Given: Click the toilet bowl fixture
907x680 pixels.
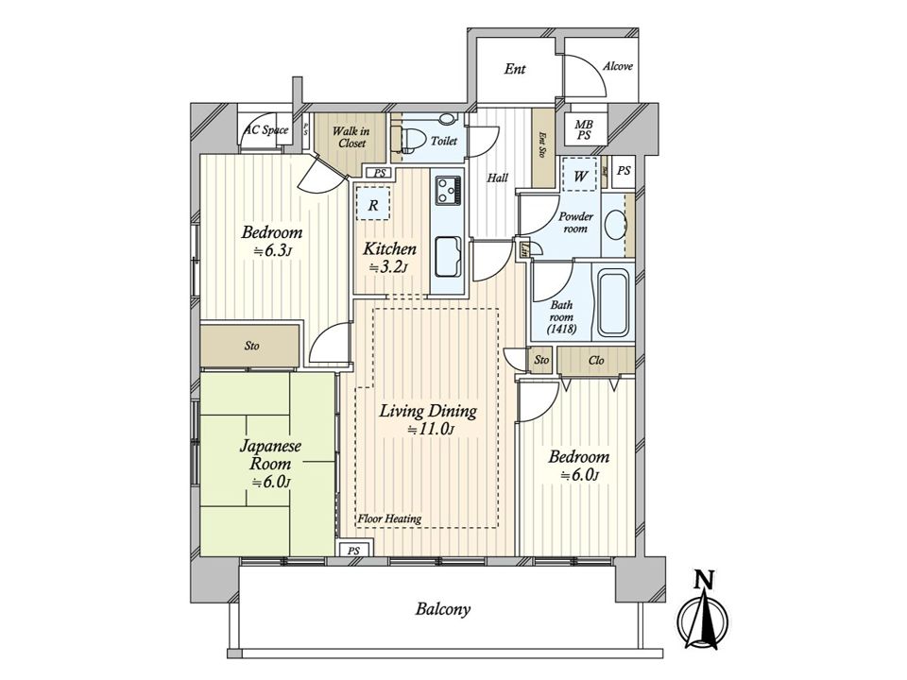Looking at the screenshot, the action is point(402,139).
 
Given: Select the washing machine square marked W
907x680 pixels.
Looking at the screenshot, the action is point(579,174).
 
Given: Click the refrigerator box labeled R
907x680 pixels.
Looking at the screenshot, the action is point(373,204).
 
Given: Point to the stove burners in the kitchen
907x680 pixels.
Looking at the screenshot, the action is point(448,190).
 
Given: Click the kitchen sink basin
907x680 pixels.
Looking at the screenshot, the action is point(448,257).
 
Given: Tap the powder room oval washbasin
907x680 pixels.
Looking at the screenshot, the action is point(615,225).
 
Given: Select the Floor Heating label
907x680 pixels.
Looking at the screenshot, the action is point(389,518).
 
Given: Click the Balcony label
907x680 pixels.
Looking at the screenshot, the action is point(442,609).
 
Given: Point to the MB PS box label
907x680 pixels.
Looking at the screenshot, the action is point(583,130).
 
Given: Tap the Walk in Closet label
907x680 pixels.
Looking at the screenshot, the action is point(351,137).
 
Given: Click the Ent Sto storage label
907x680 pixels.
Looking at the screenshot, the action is point(542,144).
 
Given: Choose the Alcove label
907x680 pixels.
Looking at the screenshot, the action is point(618,66).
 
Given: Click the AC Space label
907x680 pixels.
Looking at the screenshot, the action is point(266,129).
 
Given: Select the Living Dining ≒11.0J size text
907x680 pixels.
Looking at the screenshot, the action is point(429,430).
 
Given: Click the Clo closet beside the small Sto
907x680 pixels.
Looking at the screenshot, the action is point(596,360).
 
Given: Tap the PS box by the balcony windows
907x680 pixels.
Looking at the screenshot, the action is point(354,551).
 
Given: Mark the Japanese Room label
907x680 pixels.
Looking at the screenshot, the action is point(270,455).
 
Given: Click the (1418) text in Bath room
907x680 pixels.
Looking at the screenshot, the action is point(561,329).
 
